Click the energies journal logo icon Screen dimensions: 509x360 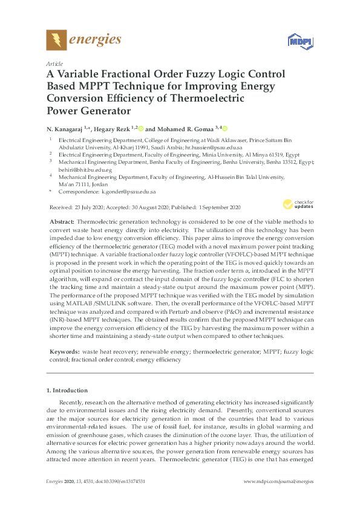[56, 40]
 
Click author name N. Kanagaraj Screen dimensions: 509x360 [66, 129]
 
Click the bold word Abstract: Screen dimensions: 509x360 [62, 222]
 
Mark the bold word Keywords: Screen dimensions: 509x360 [64, 351]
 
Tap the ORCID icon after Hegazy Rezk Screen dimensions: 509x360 [141, 128]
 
